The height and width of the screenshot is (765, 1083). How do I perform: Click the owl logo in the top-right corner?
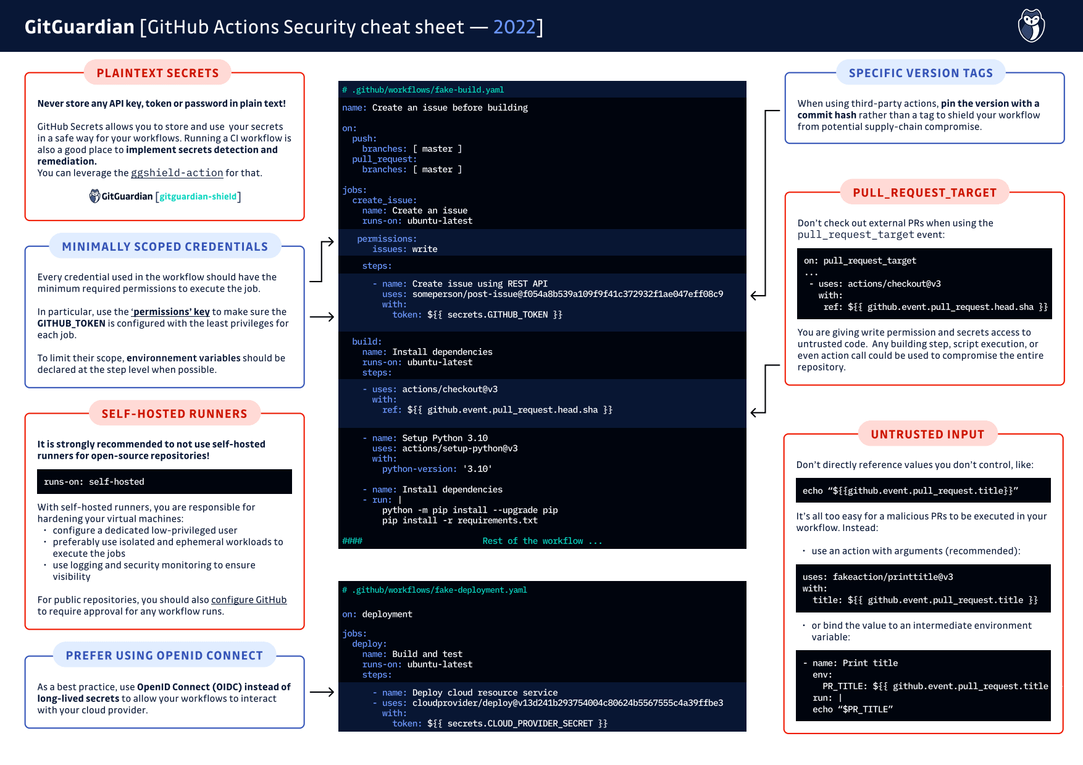(1031, 26)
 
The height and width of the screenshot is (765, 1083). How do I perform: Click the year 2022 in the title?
(514, 27)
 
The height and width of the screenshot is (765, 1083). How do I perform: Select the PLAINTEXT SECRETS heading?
(157, 73)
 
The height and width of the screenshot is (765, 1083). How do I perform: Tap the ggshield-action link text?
(177, 173)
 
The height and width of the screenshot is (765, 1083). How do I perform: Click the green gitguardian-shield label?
(198, 196)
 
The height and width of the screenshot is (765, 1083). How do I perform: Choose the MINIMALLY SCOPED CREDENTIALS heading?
(165, 246)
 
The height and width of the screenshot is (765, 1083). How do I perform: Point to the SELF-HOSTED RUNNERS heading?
(174, 414)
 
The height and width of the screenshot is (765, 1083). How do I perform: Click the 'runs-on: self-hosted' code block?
(164, 482)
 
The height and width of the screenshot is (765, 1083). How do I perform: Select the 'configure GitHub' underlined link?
(249, 600)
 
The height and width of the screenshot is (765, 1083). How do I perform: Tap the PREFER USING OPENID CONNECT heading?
(164, 656)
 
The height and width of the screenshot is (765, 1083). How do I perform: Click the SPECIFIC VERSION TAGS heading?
(921, 73)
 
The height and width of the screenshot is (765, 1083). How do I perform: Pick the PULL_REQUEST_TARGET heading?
(924, 193)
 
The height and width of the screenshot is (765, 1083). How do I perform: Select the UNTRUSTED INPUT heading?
(927, 434)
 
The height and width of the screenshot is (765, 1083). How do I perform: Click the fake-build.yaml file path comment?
(423, 90)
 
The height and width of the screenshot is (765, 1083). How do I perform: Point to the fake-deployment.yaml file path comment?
(435, 590)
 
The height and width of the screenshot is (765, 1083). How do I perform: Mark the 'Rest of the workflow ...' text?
(541, 541)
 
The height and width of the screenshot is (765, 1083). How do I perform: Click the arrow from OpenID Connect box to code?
(322, 692)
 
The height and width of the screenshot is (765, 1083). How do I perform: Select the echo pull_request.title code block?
(922, 491)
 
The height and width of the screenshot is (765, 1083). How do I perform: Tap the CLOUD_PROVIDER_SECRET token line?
(500, 724)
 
